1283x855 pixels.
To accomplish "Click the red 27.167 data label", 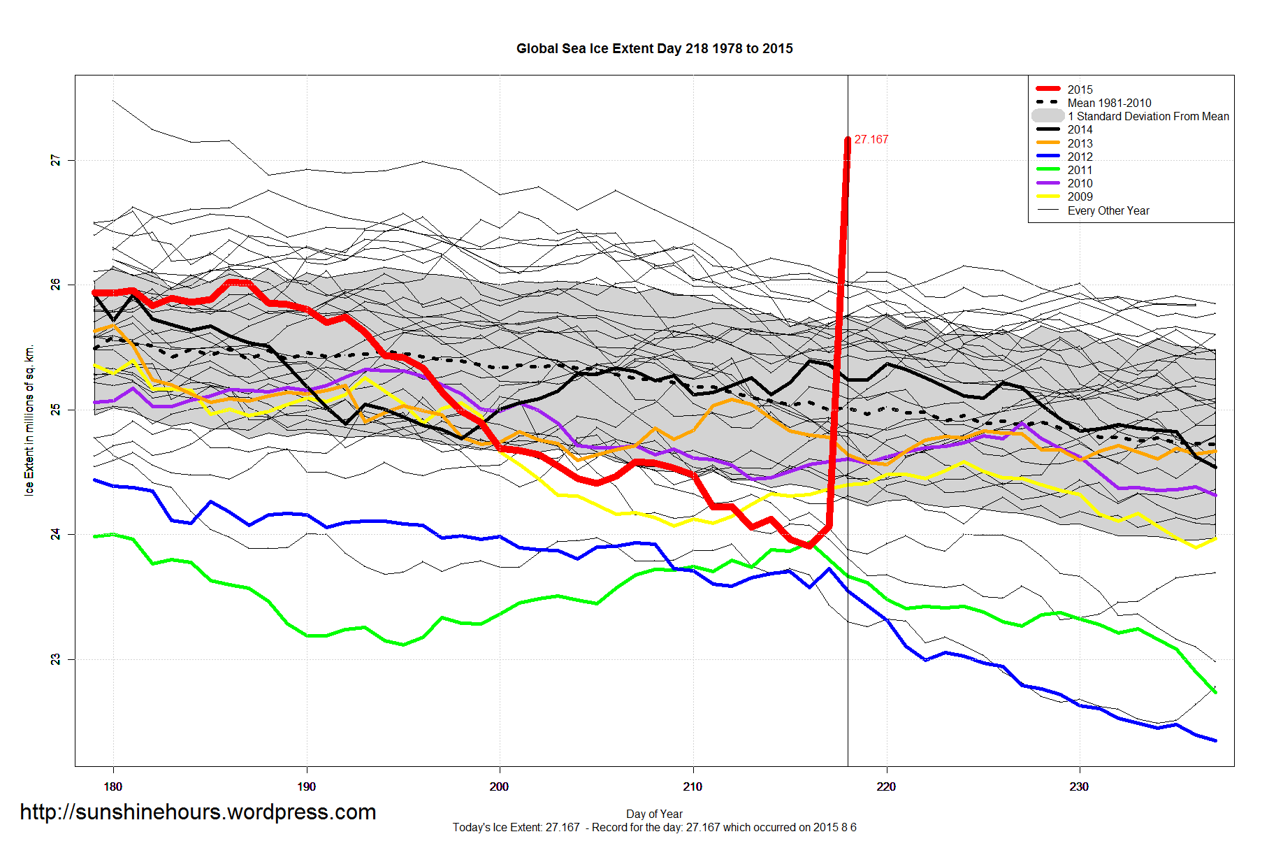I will click(x=871, y=140).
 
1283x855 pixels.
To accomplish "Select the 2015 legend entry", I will click(x=1080, y=89).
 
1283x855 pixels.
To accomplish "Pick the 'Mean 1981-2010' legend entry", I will click(x=1109, y=103).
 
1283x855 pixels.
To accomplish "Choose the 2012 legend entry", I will click(x=1080, y=157).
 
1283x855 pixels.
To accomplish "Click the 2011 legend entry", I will click(x=1080, y=170).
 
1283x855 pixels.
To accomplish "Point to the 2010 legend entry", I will click(x=1080, y=183).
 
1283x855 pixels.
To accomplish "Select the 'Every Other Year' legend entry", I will click(x=1108, y=210).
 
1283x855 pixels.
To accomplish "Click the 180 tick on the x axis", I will click(x=113, y=786).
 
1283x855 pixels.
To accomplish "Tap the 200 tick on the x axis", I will click(x=499, y=786).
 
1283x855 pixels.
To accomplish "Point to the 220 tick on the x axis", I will click(x=886, y=786).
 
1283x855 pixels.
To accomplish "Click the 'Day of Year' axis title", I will click(x=654, y=814).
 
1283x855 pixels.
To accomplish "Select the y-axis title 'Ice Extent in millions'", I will click(x=29, y=419).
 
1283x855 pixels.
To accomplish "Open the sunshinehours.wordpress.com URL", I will click(x=198, y=812).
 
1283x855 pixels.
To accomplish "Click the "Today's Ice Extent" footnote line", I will click(x=654, y=828).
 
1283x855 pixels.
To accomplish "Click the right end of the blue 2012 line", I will click(x=1215, y=740).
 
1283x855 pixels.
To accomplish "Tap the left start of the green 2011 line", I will click(x=95, y=536).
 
